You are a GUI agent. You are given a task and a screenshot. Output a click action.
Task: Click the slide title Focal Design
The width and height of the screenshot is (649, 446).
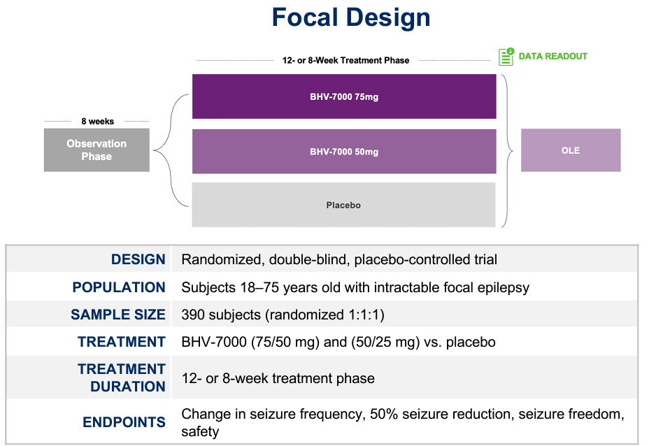[351, 17]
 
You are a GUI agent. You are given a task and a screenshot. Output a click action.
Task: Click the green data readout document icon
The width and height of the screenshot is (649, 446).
[506, 57]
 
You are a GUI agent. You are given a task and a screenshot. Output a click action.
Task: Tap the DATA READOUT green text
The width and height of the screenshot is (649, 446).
[552, 57]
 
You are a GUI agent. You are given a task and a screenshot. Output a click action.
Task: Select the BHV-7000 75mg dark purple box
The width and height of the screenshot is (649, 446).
[344, 96]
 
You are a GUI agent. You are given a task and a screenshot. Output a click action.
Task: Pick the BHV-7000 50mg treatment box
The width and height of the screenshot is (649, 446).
[344, 151]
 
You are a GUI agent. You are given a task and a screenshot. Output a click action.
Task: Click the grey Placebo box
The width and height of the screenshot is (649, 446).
[344, 205]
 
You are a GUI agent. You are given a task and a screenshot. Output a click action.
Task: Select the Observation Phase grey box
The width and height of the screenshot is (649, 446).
[97, 150]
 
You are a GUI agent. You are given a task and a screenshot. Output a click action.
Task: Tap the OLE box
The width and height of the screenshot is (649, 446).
[571, 150]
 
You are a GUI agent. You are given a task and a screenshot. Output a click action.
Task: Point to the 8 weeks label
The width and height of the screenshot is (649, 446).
[97, 122]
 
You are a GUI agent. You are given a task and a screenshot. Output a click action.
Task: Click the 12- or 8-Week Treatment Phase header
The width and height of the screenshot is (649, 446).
[345, 61]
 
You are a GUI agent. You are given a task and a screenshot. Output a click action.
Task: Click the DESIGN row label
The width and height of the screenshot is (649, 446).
[138, 259]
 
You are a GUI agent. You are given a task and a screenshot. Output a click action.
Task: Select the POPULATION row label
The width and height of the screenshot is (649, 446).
[119, 287]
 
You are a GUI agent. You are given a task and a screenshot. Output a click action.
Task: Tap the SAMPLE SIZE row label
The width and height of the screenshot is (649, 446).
[118, 315]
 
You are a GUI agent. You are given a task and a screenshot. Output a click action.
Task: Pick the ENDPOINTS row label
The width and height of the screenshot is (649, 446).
[124, 422]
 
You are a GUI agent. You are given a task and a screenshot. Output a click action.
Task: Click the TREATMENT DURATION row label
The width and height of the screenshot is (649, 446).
[122, 377]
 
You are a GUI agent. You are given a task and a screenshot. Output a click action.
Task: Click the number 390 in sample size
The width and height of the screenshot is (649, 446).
[194, 315]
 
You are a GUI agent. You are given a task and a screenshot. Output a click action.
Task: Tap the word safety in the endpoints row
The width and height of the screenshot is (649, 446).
[200, 432]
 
